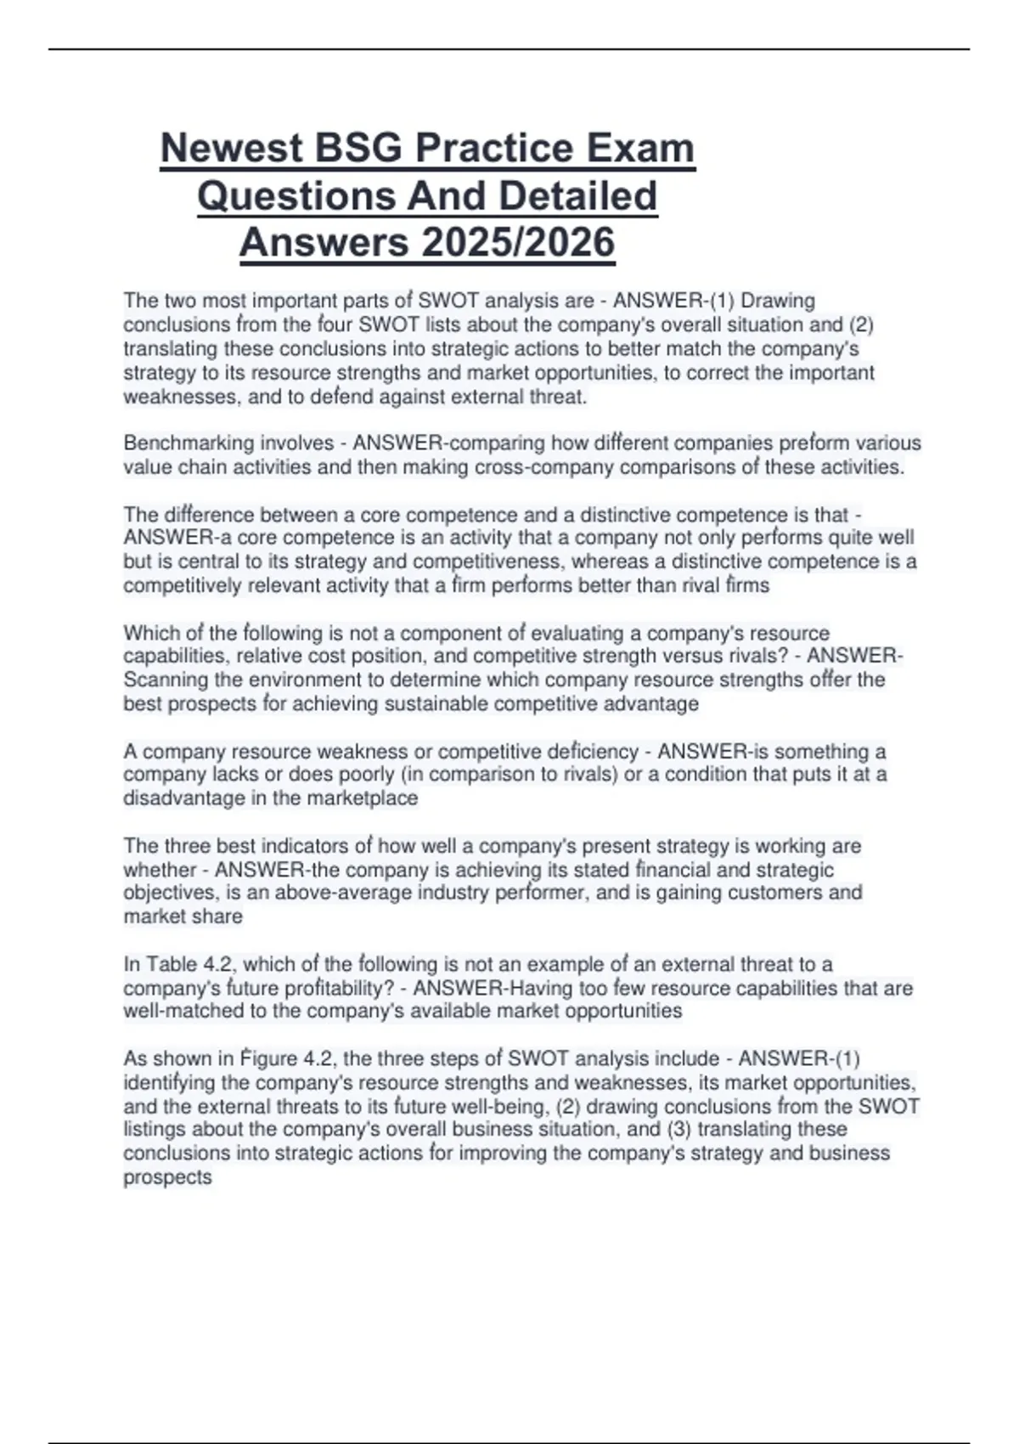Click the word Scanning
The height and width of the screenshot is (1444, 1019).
click(x=166, y=680)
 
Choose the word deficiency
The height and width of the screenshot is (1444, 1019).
click(x=594, y=752)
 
